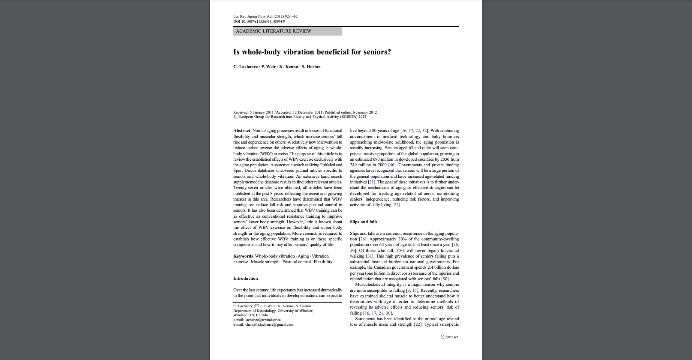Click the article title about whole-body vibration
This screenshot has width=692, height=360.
[312, 52]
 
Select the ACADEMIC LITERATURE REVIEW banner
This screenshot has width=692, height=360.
[287, 31]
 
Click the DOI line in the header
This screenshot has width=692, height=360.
[259, 21]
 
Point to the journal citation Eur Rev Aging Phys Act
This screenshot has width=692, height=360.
[265, 16]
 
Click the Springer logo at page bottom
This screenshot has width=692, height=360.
[449, 337]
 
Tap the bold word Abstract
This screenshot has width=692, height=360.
[242, 131]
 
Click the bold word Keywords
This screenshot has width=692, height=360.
[243, 256]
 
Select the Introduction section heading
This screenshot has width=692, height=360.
[246, 279]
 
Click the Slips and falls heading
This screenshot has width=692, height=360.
[364, 222]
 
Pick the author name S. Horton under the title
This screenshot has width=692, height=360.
[311, 67]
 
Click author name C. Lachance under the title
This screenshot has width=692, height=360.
[245, 67]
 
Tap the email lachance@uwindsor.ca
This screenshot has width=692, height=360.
[263, 320]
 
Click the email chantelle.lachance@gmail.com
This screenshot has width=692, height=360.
[269, 324]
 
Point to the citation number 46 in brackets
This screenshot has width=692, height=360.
[392, 165]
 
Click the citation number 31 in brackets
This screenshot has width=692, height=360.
[369, 256]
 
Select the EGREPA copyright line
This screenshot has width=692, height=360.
[302, 117]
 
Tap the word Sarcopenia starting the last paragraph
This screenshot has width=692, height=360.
[366, 319]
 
